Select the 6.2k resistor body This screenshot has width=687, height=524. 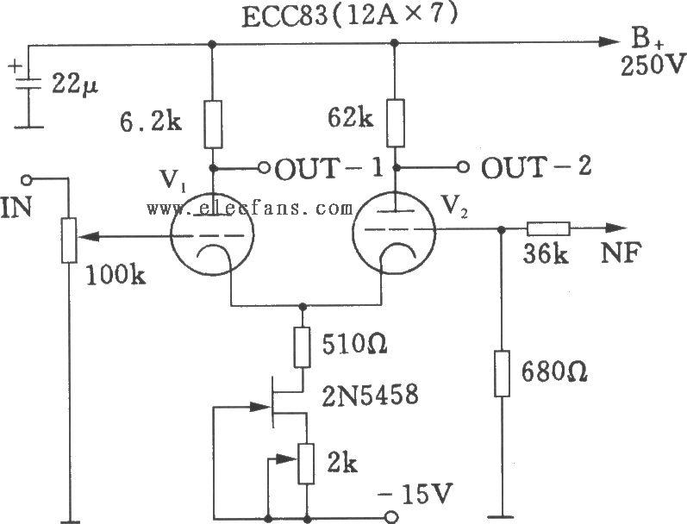click(213, 124)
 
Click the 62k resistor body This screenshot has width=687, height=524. click(395, 122)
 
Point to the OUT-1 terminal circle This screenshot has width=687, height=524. click(264, 168)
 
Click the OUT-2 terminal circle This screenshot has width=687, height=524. click(463, 167)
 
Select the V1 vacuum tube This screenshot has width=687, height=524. click(212, 234)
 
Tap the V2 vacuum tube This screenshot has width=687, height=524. click(394, 231)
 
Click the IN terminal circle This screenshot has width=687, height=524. click(27, 179)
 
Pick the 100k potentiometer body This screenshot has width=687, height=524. click(69, 240)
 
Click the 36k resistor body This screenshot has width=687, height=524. click(548, 228)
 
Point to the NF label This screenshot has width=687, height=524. click(621, 253)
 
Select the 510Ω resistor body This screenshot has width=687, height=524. click(302, 347)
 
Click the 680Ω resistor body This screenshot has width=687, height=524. click(503, 373)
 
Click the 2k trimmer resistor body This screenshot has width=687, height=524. click(306, 464)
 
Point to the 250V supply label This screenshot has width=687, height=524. click(653, 66)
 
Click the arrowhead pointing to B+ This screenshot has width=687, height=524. click(609, 42)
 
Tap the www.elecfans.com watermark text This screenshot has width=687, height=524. click(250, 208)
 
